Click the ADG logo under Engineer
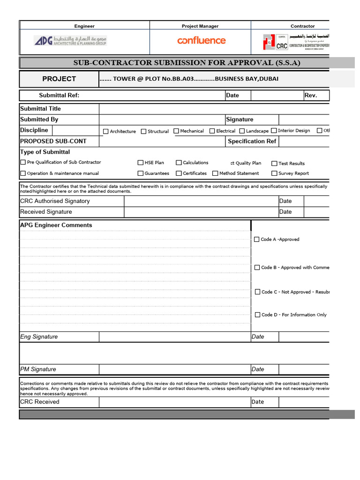tap(70, 41)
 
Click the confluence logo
tap(201, 41)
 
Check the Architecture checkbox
tap(105, 132)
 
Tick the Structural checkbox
tap(143, 132)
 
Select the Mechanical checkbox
tap(176, 131)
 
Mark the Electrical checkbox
tap(212, 131)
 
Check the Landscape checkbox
tap(242, 131)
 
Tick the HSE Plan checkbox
tap(140, 163)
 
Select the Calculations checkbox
tap(179, 163)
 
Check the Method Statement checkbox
tap(215, 173)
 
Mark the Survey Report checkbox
tap(274, 173)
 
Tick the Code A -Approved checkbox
tap(256, 240)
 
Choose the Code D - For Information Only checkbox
tap(257, 315)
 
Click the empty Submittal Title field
tap(214, 109)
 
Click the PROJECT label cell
tap(59, 79)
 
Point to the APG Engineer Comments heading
tap(56, 225)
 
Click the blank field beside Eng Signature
tap(175, 337)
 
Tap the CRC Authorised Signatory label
tap(55, 201)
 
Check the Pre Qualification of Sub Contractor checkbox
tap(23, 162)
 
